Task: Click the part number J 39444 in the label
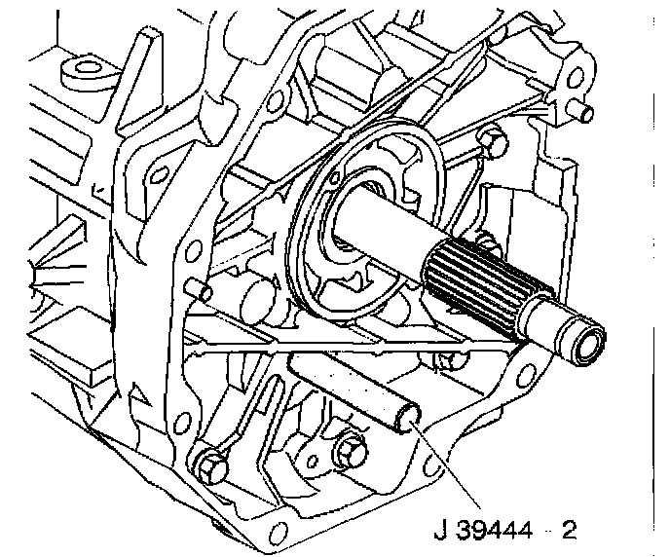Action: [x=483, y=531]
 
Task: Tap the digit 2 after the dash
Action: [x=569, y=531]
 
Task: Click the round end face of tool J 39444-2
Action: [x=408, y=419]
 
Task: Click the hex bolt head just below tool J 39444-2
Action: [x=350, y=453]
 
